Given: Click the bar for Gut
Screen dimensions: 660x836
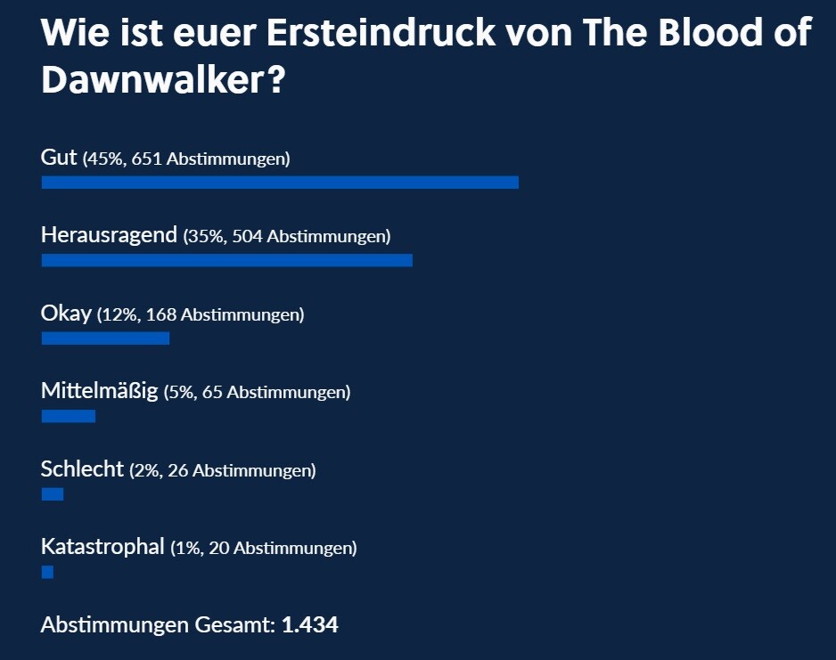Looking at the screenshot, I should coord(279,183).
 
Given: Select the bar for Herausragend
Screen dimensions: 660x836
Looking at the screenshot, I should coord(226,260).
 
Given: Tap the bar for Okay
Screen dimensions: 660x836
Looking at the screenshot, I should coord(105,338).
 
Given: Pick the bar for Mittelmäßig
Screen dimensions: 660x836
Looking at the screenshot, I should coord(68,416).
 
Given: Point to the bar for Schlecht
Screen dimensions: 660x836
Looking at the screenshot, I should coord(53,494).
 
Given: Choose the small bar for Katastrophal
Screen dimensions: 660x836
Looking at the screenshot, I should coord(47,572).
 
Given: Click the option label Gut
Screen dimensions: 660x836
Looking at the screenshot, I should coord(60,158).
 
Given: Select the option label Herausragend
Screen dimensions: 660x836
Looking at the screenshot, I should coord(109,236).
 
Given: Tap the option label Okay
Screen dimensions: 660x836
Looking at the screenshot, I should coord(66,314).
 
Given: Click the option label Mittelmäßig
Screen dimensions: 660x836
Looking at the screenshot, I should coord(99,391).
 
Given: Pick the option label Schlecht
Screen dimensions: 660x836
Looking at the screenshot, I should coord(82,469).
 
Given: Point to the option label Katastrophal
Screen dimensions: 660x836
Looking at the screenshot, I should coord(102,547).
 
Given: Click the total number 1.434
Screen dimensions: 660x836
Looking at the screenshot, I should coord(309,625).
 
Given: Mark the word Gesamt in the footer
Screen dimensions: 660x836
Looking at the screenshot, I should coord(233,625).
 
